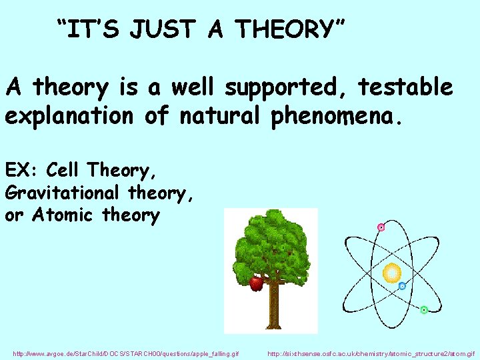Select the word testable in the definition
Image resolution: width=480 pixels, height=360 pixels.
[405, 87]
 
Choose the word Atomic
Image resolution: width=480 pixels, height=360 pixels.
[64, 215]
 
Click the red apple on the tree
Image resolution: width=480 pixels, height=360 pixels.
[256, 283]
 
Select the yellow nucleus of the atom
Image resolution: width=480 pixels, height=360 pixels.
[391, 272]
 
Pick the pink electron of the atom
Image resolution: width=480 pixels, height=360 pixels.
[381, 227]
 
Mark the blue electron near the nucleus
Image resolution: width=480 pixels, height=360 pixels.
[402, 286]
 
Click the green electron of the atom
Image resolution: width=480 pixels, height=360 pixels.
[424, 310]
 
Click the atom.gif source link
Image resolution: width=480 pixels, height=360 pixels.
[371, 352]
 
